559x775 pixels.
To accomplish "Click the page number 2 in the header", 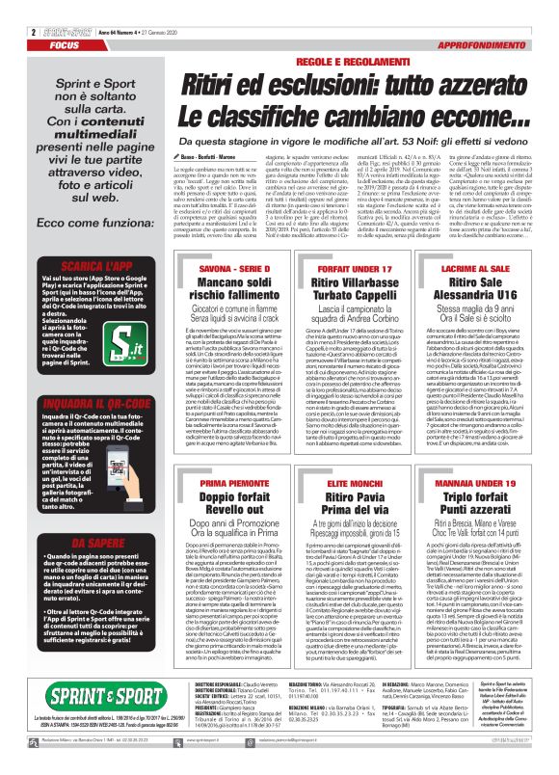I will (x=10, y=7).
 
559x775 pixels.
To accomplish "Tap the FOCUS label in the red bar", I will (x=29, y=18).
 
